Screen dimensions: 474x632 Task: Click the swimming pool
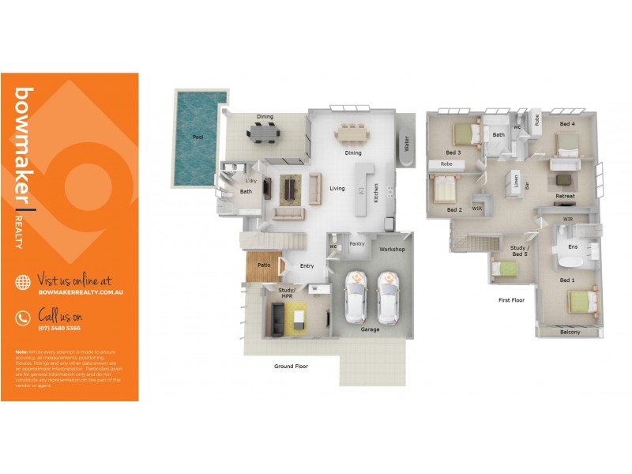[x=197, y=138]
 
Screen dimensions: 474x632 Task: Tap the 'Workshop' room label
[x=392, y=249]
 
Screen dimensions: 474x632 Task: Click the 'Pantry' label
[x=357, y=244]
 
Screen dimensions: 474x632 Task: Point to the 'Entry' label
[x=307, y=265]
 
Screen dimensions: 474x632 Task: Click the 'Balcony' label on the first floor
[x=570, y=332]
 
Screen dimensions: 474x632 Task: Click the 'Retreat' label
[x=565, y=196]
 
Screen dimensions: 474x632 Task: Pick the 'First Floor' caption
[x=511, y=300]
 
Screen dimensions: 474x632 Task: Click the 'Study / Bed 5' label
[x=518, y=251]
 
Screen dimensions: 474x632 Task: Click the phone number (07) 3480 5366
[x=59, y=328]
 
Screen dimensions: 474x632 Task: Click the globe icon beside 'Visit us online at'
[x=24, y=282]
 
